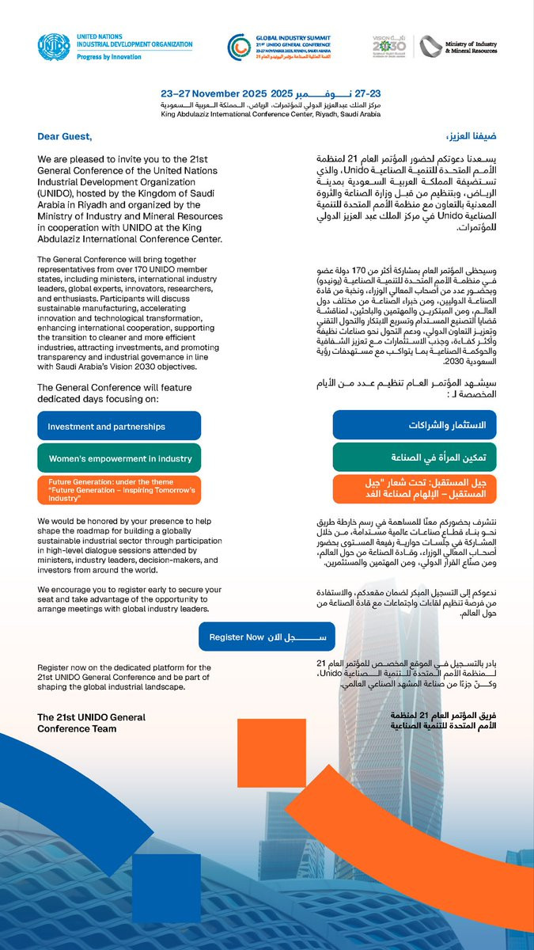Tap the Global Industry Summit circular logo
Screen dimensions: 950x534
pos(238,48)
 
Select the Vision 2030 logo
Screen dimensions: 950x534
pos(389,47)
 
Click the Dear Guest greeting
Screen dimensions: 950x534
pos(65,137)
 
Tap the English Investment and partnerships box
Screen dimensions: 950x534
pos(119,426)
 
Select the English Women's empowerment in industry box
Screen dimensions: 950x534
pos(119,458)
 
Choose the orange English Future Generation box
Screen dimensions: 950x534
pos(119,490)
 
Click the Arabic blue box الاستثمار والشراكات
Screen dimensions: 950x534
pos(414,425)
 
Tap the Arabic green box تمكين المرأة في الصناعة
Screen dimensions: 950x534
pos(414,458)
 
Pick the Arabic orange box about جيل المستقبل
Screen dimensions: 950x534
pos(414,489)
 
